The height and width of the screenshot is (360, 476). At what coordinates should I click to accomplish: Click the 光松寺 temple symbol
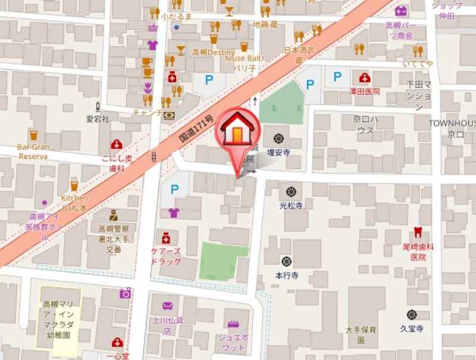click(291, 192)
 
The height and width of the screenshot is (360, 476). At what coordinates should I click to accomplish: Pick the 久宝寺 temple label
click(411, 328)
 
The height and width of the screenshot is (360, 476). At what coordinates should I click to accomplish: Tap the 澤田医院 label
click(364, 92)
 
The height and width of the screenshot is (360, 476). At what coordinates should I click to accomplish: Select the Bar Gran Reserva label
click(33, 151)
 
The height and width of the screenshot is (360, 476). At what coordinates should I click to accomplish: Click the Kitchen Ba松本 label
click(75, 203)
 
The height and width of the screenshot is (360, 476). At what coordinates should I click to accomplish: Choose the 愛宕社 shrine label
click(98, 119)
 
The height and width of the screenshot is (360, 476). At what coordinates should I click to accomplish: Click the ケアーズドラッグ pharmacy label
click(166, 256)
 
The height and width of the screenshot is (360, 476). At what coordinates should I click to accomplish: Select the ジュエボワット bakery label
click(234, 342)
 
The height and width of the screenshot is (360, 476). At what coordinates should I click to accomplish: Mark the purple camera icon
click(126, 293)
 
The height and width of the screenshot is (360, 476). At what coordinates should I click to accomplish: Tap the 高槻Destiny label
click(214, 52)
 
